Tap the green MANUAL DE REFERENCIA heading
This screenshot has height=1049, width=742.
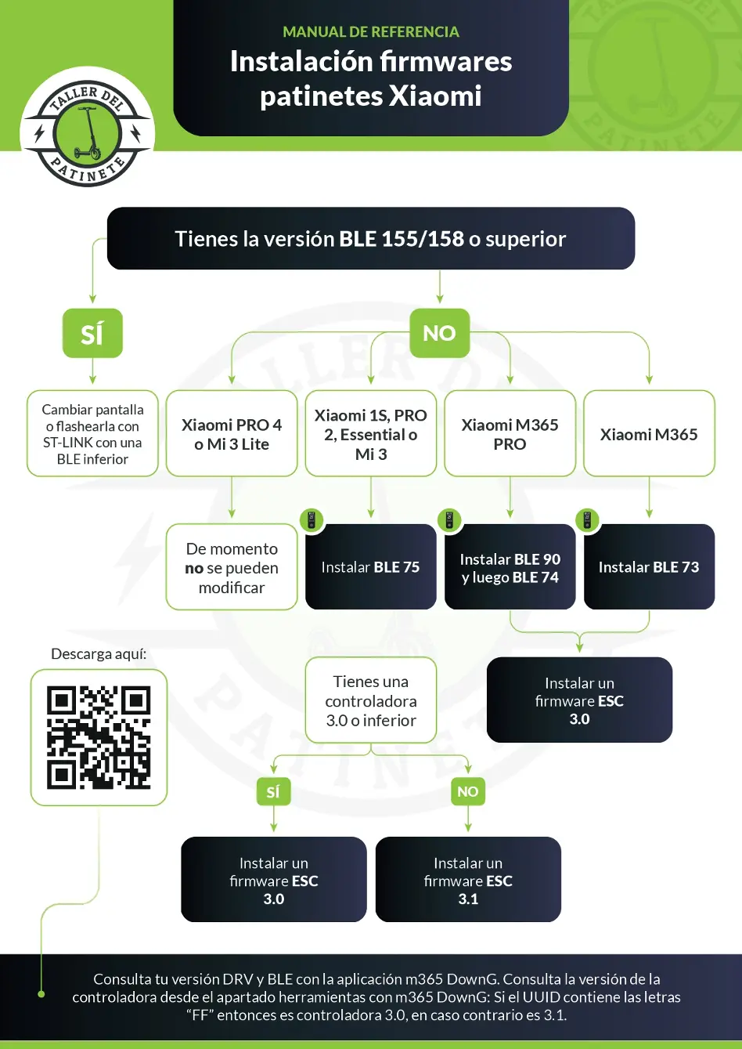tap(370, 32)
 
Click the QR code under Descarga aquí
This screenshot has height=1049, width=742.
tap(99, 737)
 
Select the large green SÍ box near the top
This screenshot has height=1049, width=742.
tap(92, 334)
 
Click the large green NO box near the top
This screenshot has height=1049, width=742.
tap(439, 333)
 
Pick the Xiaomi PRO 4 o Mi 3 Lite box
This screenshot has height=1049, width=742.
tap(232, 434)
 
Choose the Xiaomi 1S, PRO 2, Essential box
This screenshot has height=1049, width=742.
tap(370, 434)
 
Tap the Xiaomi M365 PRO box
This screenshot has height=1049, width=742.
tap(510, 434)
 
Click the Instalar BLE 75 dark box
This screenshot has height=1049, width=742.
tap(370, 567)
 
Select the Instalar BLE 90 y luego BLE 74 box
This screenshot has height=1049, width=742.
tap(510, 568)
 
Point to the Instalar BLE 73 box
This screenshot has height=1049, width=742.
tap(649, 567)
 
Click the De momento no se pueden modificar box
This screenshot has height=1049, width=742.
tap(232, 568)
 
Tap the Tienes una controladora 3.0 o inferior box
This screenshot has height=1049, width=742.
tap(370, 700)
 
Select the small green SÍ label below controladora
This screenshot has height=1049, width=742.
tap(273, 791)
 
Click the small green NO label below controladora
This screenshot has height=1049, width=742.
tap(468, 791)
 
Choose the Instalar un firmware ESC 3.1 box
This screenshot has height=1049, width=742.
tap(468, 881)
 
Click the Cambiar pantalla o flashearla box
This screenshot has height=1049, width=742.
tap(92, 434)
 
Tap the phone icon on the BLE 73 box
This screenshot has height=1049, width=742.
tap(587, 519)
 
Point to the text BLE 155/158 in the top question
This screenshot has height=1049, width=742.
tap(402, 239)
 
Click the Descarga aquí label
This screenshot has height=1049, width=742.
tap(99, 654)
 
